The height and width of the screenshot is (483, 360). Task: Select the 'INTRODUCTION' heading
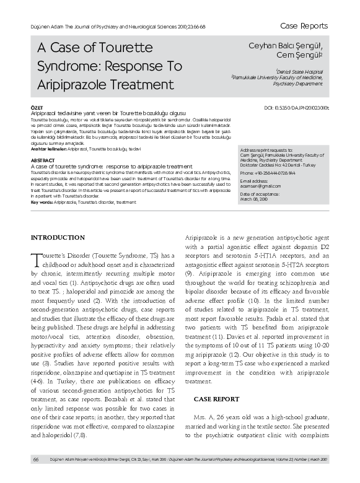click(x=58, y=220)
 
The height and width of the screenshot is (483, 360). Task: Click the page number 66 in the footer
click(x=36, y=459)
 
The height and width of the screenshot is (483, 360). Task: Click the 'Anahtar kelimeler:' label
click(x=50, y=150)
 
